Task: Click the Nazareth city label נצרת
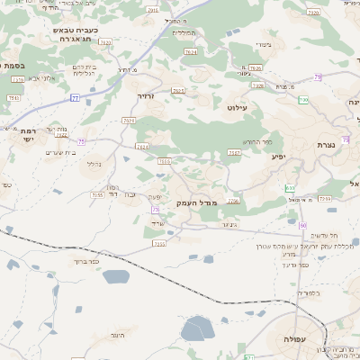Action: click(326, 145)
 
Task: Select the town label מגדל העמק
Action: click(192, 202)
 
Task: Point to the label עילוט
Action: click(238, 107)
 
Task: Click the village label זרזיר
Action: click(146, 95)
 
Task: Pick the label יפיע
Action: click(277, 157)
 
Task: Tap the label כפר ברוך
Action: click(85, 262)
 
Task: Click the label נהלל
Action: click(94, 165)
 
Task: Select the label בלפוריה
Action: click(310, 292)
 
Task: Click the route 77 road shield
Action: click(75, 97)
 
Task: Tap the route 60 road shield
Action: click(302, 225)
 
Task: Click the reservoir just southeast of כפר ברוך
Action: click(116, 276)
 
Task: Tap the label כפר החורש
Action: click(256, 141)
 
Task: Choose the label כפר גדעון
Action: click(319, 265)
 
